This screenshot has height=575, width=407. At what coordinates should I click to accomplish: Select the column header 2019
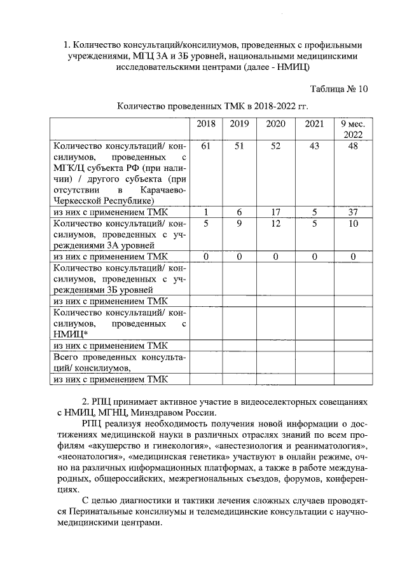click(239, 124)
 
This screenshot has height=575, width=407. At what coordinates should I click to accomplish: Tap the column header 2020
click(275, 124)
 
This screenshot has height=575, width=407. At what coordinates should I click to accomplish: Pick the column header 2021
click(314, 124)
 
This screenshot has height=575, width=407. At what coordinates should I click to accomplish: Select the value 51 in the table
click(239, 147)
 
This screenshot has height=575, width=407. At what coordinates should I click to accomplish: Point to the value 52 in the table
click(275, 147)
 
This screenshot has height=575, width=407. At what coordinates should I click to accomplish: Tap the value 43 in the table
click(314, 147)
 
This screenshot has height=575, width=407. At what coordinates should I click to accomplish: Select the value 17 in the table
click(275, 212)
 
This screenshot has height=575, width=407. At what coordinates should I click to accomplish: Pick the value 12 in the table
click(275, 223)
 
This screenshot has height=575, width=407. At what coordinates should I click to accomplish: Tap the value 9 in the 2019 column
click(239, 223)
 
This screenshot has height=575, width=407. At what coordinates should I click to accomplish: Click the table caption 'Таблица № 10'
click(339, 89)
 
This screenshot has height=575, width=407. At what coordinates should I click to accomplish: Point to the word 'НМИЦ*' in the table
click(71, 334)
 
